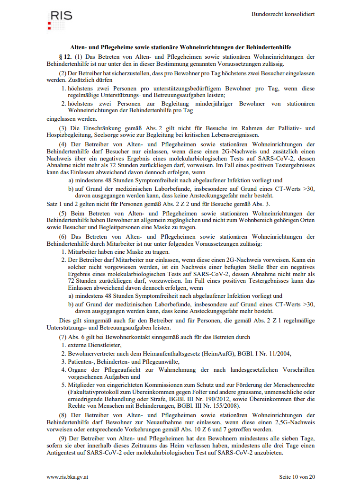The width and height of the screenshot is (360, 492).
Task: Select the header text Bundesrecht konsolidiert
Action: (x=283, y=14)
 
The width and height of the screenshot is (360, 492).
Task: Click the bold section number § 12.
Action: (x=65, y=57)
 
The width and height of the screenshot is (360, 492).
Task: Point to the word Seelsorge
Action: (x=106, y=135)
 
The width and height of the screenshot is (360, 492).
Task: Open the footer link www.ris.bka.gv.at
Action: (x=67, y=477)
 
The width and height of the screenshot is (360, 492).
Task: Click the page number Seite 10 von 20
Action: (x=297, y=477)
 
